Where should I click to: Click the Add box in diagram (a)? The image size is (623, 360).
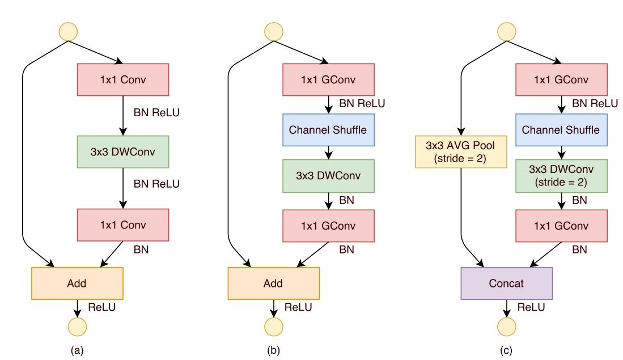point(77,283)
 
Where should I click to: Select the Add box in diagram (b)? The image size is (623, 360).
point(273,283)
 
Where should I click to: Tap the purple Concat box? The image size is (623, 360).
point(507,283)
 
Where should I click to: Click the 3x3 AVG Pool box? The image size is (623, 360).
point(460,151)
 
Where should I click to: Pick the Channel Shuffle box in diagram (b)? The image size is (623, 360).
point(329,129)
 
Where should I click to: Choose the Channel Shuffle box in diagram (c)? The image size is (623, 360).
point(561,129)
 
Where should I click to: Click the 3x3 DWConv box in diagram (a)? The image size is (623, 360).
point(123,151)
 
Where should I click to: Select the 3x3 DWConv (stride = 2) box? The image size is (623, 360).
point(561,176)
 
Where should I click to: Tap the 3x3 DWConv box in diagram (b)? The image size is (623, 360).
point(329,176)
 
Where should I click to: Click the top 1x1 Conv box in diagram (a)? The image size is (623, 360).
point(123,80)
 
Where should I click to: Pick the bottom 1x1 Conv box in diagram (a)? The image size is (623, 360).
point(123,225)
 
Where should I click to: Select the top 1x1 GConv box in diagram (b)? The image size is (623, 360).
point(329,80)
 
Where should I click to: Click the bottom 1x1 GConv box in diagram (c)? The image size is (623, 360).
point(561,225)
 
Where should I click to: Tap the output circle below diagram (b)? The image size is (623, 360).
point(273,326)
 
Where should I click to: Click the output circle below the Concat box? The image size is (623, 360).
point(507,326)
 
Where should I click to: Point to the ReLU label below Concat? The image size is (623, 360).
point(531,307)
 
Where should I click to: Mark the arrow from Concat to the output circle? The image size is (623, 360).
point(507,308)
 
